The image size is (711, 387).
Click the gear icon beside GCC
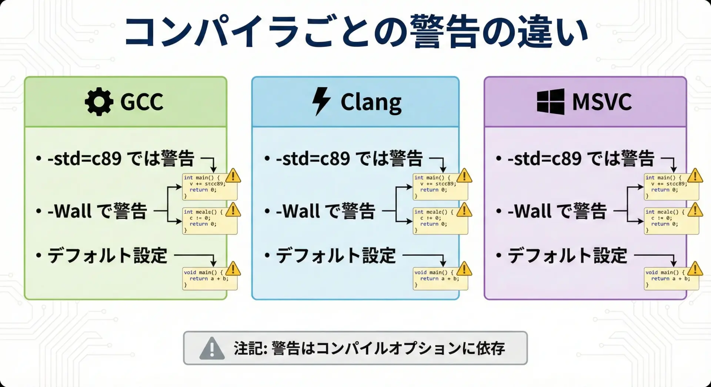tap(99, 102)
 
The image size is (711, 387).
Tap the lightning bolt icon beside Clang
tap(321, 102)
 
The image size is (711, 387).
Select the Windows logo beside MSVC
tap(550, 102)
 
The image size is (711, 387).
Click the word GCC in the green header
tap(142, 102)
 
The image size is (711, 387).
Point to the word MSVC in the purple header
tap(602, 102)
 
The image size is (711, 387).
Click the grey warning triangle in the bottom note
tap(212, 348)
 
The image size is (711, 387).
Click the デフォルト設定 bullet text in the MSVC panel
tap(567, 256)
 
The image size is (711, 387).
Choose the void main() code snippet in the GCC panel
tap(210, 279)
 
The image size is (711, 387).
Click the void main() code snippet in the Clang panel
tap(440, 279)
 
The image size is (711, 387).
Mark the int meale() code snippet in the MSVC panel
tap(671, 221)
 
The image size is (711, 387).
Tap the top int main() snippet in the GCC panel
tap(210, 187)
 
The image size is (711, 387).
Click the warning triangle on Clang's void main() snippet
tap(464, 269)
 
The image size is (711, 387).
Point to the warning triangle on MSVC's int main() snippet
tap(695, 176)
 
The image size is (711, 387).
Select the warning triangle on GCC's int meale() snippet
tap(233, 210)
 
